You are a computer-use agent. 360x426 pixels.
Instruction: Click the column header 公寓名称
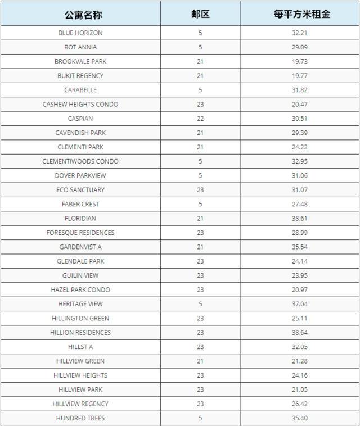[x=80, y=14]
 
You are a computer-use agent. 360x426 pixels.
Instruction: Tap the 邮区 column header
[x=200, y=14]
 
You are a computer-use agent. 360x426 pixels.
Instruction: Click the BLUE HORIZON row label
[x=80, y=33]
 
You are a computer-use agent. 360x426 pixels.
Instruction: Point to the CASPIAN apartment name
[x=80, y=119]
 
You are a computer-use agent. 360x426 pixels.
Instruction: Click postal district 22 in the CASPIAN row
[x=200, y=119]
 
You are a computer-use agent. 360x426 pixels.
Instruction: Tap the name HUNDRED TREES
[x=80, y=418]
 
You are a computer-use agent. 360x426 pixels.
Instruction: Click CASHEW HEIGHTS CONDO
[x=80, y=105]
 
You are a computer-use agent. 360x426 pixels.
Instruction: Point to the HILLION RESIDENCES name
[x=80, y=333]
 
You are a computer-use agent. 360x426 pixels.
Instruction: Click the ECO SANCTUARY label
[x=80, y=190]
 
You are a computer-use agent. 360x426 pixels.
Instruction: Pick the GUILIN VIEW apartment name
[x=80, y=275]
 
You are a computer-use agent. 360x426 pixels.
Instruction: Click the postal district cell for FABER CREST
[x=200, y=204]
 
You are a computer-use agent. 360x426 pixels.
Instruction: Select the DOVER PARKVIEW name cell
[x=80, y=176]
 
